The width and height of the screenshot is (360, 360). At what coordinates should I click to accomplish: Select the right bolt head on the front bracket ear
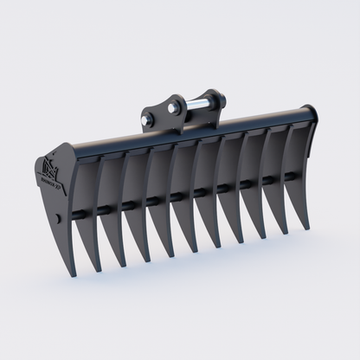176,108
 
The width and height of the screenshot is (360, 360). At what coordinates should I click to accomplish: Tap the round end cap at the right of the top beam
309,113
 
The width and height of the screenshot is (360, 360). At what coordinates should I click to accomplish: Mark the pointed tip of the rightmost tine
306,228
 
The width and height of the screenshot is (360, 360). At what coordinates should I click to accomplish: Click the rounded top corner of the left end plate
63,148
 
